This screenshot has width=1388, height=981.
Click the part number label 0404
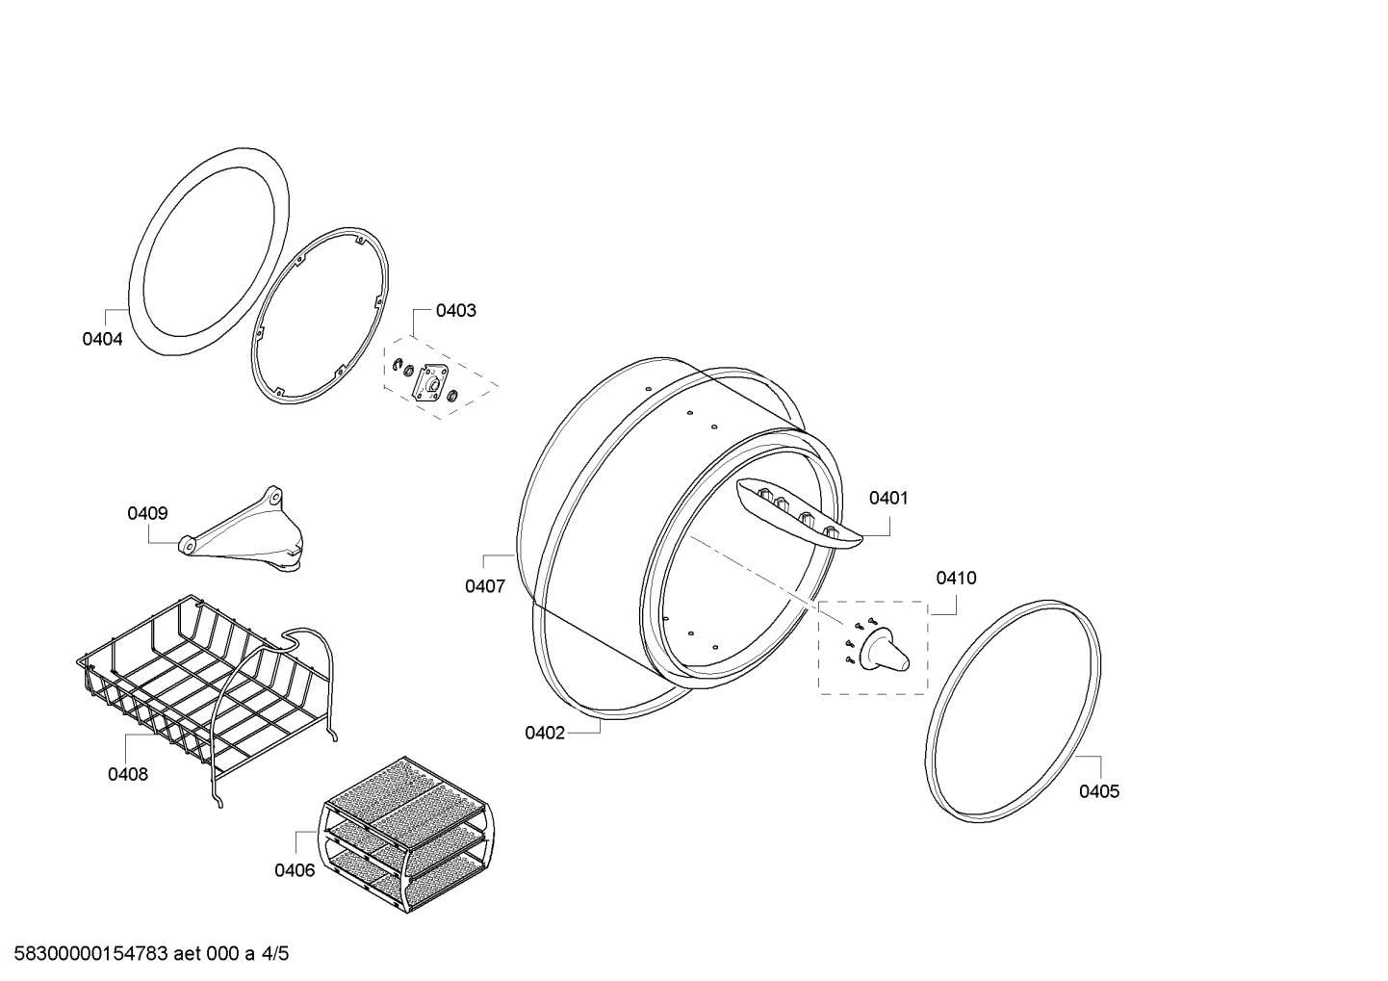point(102,339)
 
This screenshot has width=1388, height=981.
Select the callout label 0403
point(456,311)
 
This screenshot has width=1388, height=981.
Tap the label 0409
point(147,513)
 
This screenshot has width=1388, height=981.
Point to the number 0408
point(128,774)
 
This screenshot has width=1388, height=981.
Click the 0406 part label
point(295,870)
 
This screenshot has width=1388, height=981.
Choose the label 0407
point(485,585)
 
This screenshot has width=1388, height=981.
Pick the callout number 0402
point(545,734)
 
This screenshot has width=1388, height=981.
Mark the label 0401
point(888,498)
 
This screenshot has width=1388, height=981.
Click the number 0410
point(956,579)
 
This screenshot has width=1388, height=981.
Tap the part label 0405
point(1099,791)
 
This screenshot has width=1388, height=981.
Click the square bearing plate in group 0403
point(430,384)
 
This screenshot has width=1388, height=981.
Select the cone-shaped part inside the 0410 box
point(885,652)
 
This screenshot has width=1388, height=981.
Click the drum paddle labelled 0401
point(799,513)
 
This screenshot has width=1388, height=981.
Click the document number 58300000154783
point(91,954)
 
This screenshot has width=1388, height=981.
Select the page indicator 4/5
point(275,954)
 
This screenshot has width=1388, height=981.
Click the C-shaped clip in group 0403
point(398,365)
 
